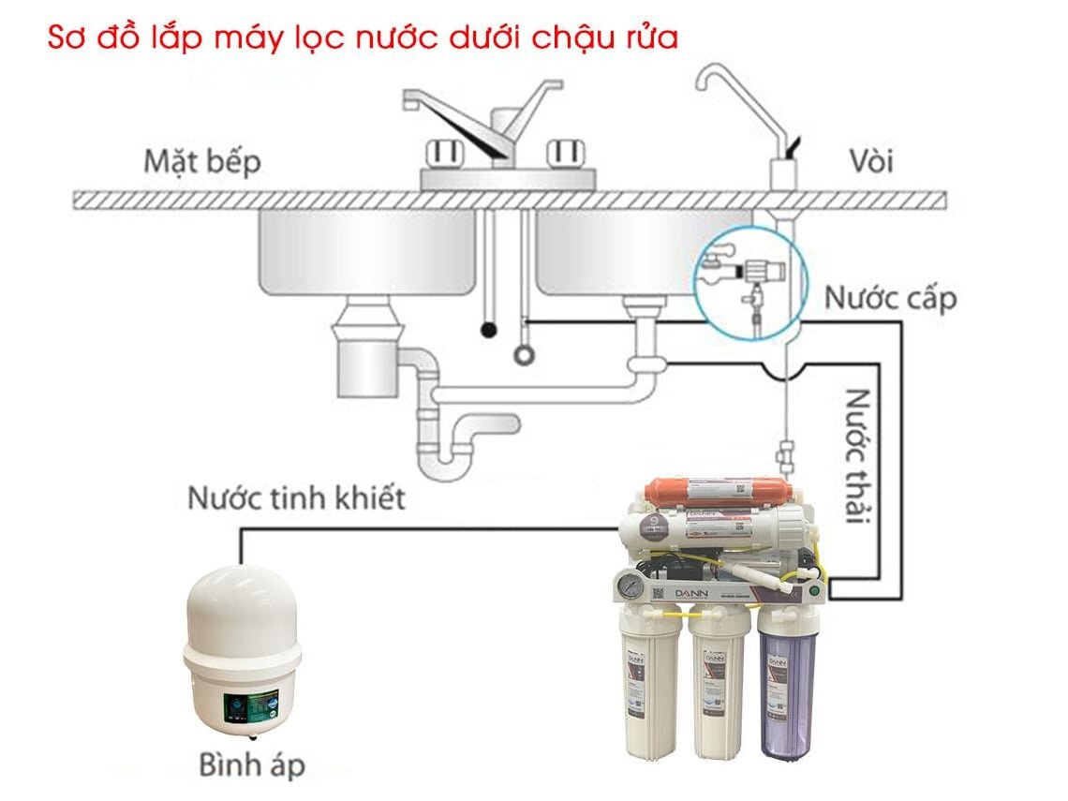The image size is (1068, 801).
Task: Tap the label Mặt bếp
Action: (201, 161)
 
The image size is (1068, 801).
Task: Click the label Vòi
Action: (872, 161)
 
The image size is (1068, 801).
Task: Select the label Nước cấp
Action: (890, 298)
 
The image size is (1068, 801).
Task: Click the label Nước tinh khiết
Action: (296, 497)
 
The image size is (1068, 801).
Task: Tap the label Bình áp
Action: (251, 764)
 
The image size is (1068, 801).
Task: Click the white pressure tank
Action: (241, 646)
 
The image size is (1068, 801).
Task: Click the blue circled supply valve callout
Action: (749, 278)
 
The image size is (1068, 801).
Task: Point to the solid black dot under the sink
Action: (487, 330)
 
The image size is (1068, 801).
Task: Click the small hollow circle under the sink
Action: (524, 355)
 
